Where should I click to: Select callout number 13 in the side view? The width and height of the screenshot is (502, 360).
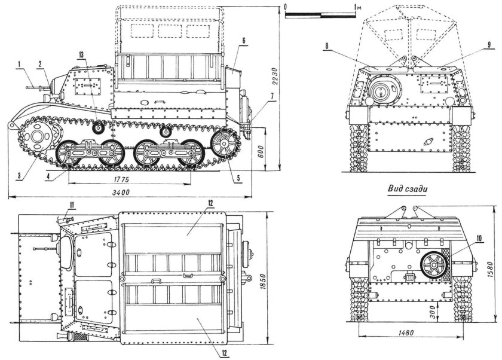pos(81,54)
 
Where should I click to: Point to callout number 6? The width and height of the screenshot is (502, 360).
pos(244,40)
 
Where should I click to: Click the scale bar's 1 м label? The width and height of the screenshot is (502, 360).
pos(357,7)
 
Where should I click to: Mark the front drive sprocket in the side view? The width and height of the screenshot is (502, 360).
pos(40,138)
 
